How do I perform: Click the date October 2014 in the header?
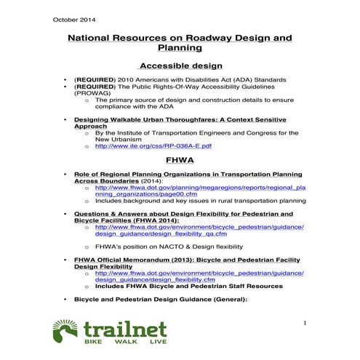tap(75, 19)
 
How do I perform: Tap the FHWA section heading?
tap(180, 159)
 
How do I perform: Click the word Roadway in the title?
tap(210, 36)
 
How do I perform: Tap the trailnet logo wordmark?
tap(125, 328)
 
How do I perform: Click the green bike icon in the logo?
tap(65, 331)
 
